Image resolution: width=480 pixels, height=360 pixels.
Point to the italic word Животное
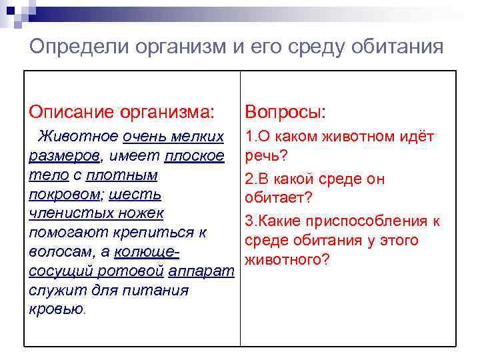[x=78, y=137]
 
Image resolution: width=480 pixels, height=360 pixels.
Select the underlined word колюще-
[x=147, y=253]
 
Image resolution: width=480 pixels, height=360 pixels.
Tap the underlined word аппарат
[x=201, y=272]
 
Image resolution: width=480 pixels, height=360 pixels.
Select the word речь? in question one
[x=266, y=156]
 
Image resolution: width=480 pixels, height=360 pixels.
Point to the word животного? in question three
[x=287, y=259]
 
